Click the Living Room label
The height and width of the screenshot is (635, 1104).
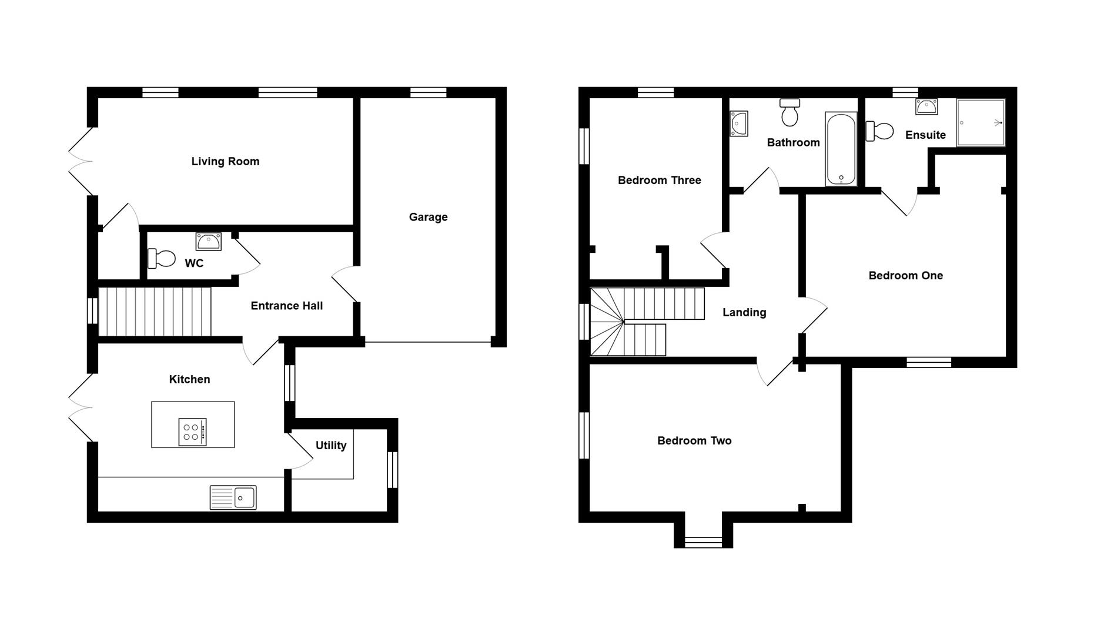click(225, 162)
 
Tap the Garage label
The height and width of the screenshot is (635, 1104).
click(428, 217)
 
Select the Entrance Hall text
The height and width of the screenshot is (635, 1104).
click(286, 306)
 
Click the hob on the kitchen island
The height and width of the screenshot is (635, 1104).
click(192, 432)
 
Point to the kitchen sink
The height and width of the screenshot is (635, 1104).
click(233, 497)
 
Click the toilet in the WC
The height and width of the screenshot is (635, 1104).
click(162, 258)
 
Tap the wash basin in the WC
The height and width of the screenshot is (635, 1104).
click(209, 241)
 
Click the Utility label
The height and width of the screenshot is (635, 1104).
click(331, 446)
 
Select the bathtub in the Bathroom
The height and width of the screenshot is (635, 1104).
click(841, 148)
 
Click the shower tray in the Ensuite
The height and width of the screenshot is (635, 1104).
click(981, 122)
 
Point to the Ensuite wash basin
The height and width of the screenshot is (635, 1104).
click(926, 107)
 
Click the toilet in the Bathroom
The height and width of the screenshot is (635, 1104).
click(789, 112)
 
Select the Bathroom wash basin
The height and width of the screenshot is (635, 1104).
click(738, 123)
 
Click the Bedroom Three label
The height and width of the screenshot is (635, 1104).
click(659, 181)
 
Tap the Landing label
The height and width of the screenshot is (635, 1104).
click(744, 313)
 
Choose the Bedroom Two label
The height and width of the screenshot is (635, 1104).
click(694, 441)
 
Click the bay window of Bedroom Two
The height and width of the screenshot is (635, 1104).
click(703, 542)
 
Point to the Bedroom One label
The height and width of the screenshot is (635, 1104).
click(905, 276)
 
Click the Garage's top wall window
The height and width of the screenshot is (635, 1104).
click(428, 92)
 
